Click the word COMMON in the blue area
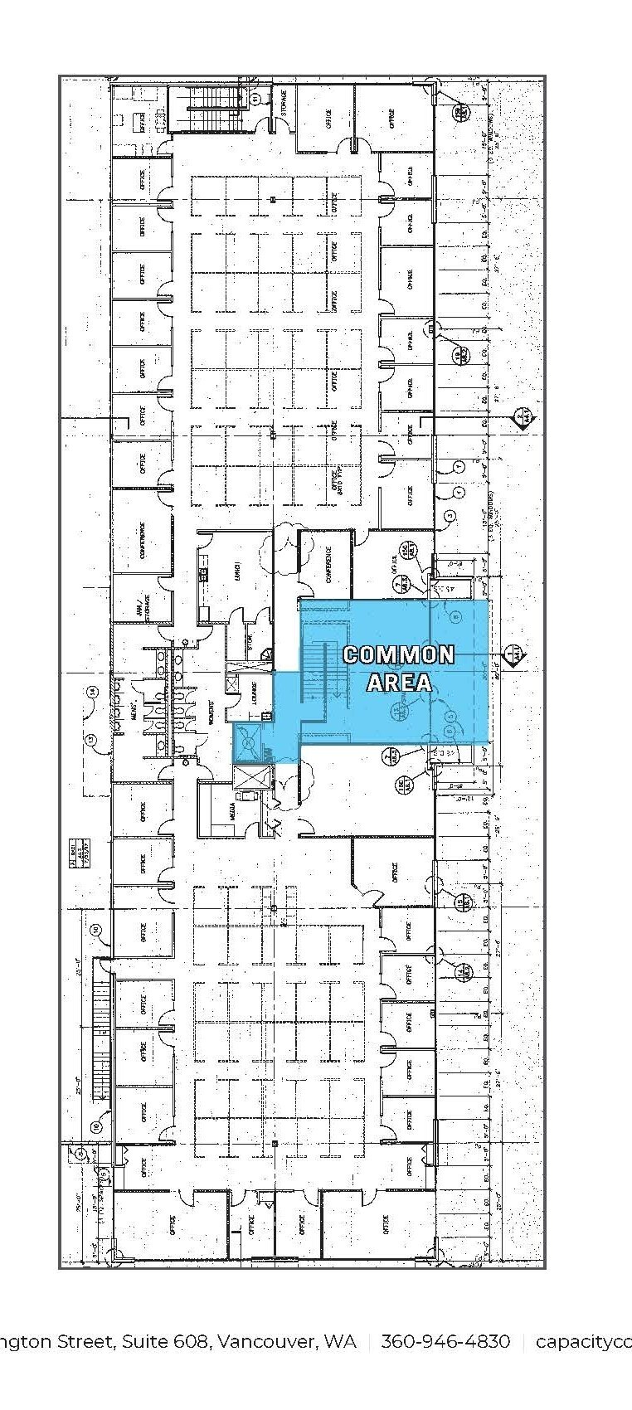[x=399, y=654]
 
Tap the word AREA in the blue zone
[x=399, y=682]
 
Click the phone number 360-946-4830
[x=445, y=1342]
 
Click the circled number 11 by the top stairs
[x=255, y=99]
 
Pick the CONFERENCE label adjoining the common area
[x=328, y=564]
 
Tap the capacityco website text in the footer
[x=583, y=1342]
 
